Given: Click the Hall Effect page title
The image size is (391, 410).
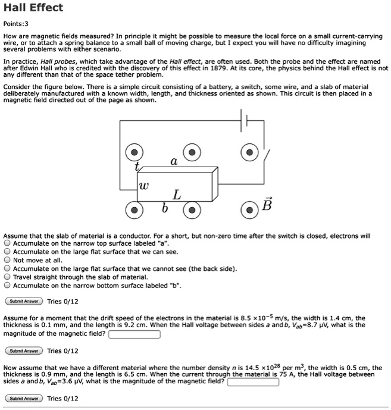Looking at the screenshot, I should pos(33,8).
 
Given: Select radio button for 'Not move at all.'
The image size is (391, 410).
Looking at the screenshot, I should pos(7,260).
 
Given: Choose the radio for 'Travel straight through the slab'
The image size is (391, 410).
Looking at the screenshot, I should pos(7,277).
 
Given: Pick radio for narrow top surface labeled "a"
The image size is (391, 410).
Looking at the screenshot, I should pos(7,243).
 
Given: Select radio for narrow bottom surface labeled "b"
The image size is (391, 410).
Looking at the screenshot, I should pos(7,285).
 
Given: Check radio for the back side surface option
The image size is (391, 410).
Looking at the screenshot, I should pos(7,268).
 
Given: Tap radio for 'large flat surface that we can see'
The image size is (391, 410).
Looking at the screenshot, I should pos(7,252).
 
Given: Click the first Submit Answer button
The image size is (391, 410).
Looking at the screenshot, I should pos(24,301).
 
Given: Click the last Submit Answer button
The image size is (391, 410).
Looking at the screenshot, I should pos(24,398).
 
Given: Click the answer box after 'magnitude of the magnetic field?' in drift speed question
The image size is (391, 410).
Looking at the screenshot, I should pos(134,334).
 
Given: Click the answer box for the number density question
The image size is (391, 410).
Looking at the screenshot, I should pos(253,382).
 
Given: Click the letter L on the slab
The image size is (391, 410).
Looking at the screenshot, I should pos(176,195).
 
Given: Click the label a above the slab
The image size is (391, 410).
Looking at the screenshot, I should pos(173,161).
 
